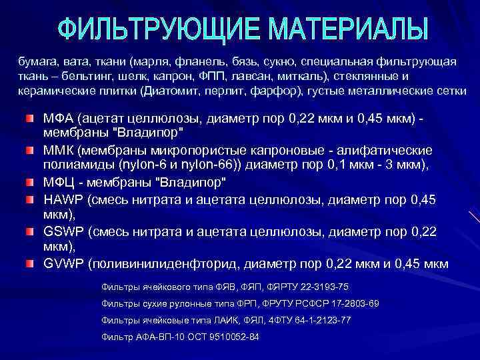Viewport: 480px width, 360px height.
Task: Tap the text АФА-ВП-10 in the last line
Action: point(157,337)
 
